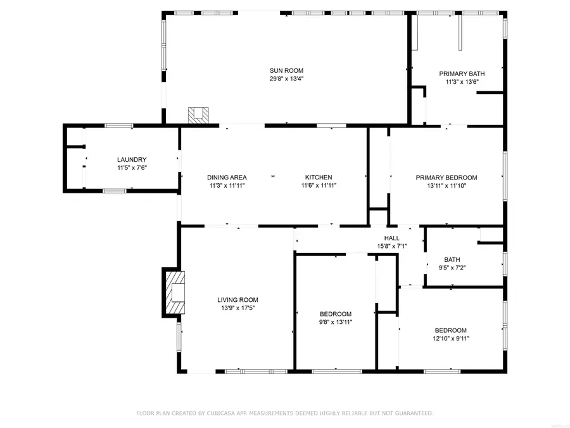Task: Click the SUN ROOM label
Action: [x=286, y=70]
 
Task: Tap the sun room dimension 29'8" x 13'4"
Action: [x=286, y=79]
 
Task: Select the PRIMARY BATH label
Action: [x=462, y=74]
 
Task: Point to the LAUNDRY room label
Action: [x=132, y=160]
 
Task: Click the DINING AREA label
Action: [x=227, y=178]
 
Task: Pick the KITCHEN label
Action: [x=319, y=178]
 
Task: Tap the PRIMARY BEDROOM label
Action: [x=446, y=178]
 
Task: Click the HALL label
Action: [x=392, y=238]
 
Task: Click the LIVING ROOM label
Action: [x=237, y=300]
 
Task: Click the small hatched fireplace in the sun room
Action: [x=198, y=115]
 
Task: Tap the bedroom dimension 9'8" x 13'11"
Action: [x=335, y=322]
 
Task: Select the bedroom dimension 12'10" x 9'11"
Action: [x=450, y=339]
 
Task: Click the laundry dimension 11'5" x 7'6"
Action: [x=132, y=168]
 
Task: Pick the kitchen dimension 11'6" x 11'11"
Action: [x=319, y=186]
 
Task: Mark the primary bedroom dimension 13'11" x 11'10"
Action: [x=446, y=186]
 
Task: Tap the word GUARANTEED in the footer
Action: [x=412, y=413]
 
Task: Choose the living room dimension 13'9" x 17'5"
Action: [x=237, y=308]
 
